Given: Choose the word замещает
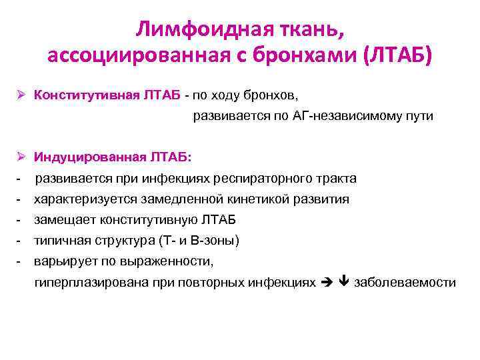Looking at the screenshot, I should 65,220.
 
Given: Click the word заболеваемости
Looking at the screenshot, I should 405,283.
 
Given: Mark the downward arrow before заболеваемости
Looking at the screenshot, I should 344,283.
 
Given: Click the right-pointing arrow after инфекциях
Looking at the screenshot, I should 326,283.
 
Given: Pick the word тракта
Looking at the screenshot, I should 339,179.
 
